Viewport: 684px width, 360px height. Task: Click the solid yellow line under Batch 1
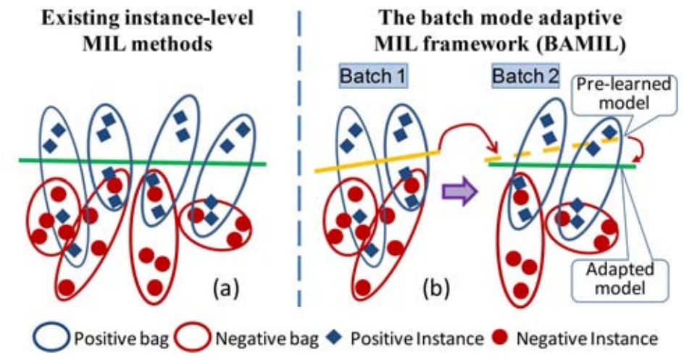coord(377,161)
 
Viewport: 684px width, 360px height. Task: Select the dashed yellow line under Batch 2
coord(543,150)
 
